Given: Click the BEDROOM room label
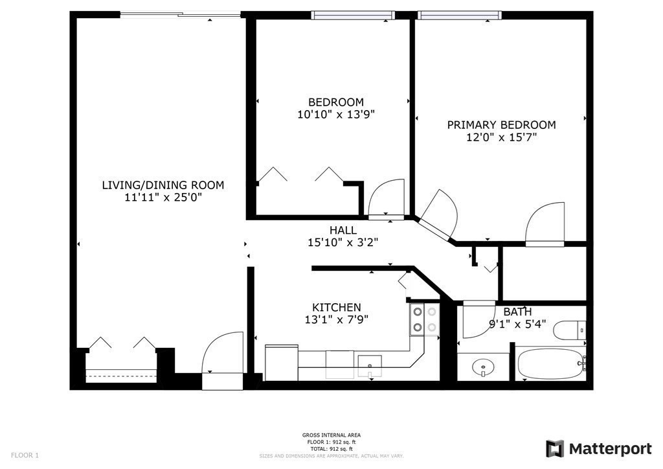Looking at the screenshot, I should pyautogui.click(x=335, y=102).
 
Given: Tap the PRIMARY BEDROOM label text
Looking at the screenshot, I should pyautogui.click(x=501, y=125).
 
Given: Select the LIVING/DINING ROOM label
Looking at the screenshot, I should pyautogui.click(x=163, y=185).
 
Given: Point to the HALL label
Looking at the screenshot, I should pyautogui.click(x=343, y=230).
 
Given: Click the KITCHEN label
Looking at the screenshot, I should pyautogui.click(x=337, y=307).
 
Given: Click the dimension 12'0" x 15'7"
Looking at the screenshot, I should pyautogui.click(x=501, y=137).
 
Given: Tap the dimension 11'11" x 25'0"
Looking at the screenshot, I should pyautogui.click(x=163, y=198).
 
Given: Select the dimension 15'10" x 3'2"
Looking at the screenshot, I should pyautogui.click(x=343, y=242).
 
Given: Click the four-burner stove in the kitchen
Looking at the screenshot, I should pyautogui.click(x=423, y=320).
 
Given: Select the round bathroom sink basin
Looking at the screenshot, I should pyautogui.click(x=482, y=369).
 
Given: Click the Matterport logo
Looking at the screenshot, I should pyautogui.click(x=599, y=448).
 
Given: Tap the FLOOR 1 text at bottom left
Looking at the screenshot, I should pyautogui.click(x=25, y=455).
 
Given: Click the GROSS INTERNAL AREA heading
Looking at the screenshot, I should pyautogui.click(x=331, y=435).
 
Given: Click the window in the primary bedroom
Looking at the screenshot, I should pyautogui.click(x=459, y=15).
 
